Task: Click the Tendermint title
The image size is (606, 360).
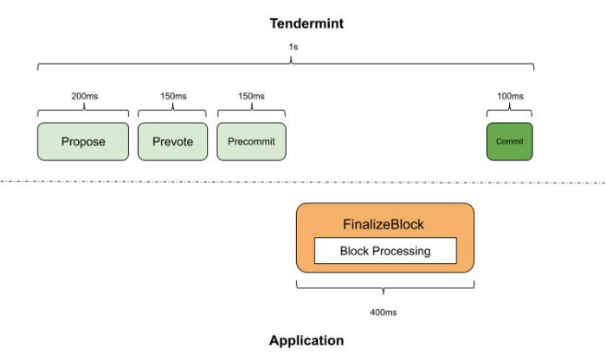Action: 306,23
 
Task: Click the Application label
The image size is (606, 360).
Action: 306,340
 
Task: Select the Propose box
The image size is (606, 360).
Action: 83,142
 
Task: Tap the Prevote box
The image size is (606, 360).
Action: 172,142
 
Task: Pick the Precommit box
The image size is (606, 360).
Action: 251,142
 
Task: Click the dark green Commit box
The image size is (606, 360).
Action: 509,142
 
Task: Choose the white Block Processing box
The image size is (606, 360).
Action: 384,251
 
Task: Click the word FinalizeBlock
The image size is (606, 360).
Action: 385,224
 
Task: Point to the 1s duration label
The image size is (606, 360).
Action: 293,48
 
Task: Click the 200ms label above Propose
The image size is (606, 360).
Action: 84,96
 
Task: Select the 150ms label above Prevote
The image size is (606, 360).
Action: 172,96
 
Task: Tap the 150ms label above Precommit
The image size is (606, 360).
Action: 252,96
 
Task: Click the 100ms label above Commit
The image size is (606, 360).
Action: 510,96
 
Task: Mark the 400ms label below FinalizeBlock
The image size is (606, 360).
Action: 385,312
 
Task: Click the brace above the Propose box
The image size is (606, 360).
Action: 83,111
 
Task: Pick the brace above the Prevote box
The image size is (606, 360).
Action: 172,111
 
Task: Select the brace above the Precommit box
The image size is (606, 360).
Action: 251,111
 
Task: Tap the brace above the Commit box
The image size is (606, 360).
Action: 509,111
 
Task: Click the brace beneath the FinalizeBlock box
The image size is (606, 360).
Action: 385,286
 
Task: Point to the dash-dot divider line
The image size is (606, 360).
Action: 130,182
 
